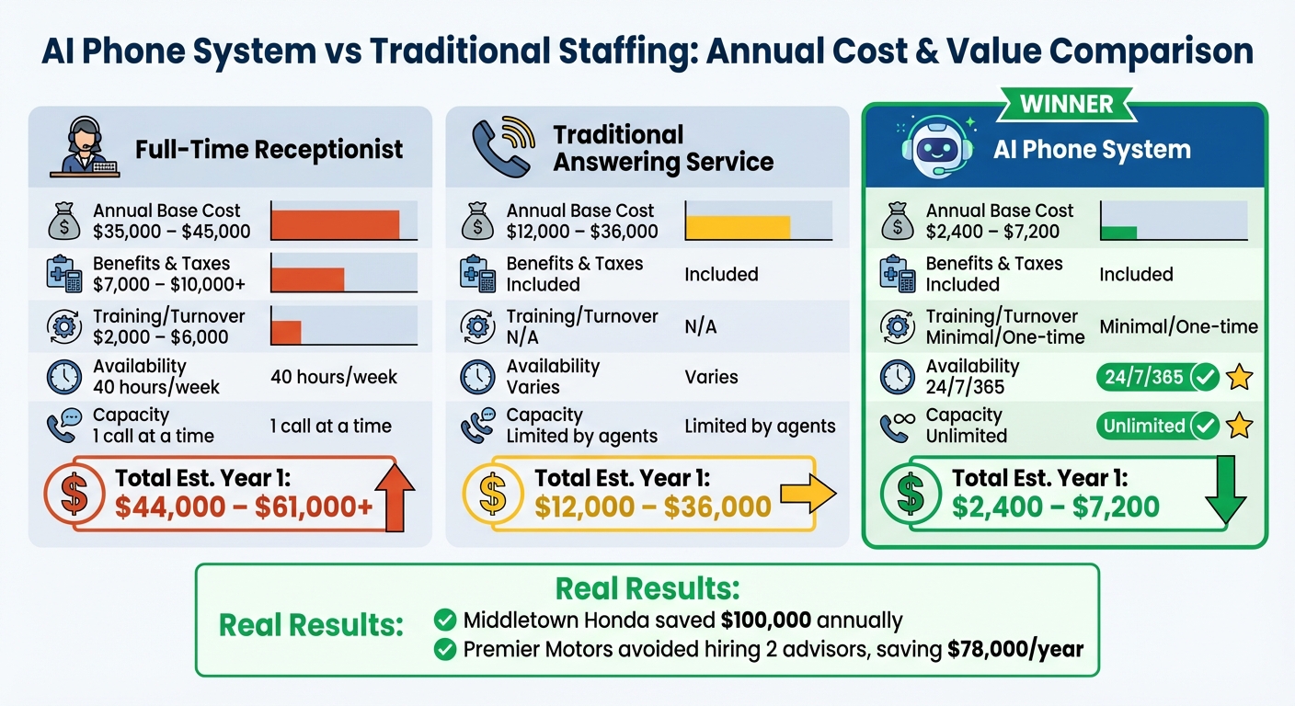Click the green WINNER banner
(x=1066, y=104)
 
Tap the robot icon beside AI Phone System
(x=933, y=148)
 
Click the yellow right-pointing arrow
(x=807, y=495)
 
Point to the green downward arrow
(x=1224, y=493)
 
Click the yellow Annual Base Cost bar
(x=738, y=227)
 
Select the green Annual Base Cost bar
(x=1119, y=232)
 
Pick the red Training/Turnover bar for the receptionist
(x=286, y=332)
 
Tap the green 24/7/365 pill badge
(x=1157, y=377)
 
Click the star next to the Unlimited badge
(x=1240, y=426)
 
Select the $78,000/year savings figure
(x=1015, y=650)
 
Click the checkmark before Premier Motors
(x=445, y=650)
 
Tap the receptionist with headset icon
(x=84, y=148)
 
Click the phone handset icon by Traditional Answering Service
(x=502, y=148)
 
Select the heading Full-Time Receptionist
(x=269, y=149)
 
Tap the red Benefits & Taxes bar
(x=307, y=279)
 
